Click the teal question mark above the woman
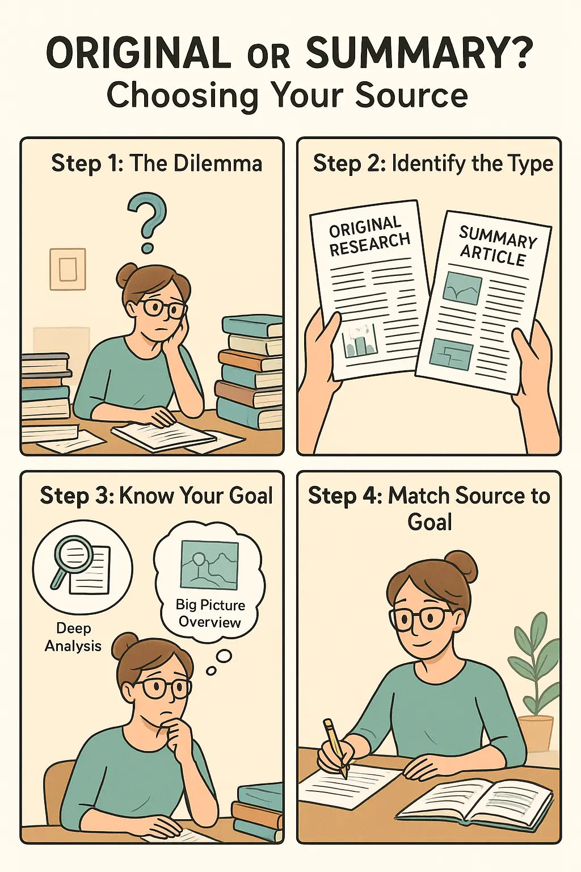(x=148, y=221)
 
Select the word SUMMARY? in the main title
(x=420, y=54)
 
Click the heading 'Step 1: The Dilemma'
(x=157, y=163)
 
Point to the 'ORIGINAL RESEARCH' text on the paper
(x=369, y=236)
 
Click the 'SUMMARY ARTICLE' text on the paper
(x=496, y=246)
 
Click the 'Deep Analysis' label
(x=73, y=637)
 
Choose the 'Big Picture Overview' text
(x=210, y=613)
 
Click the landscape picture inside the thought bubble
(x=209, y=565)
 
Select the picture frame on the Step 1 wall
(x=68, y=269)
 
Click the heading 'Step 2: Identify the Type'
(x=433, y=163)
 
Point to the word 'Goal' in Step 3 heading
(x=251, y=496)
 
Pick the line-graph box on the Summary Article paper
(x=463, y=288)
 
